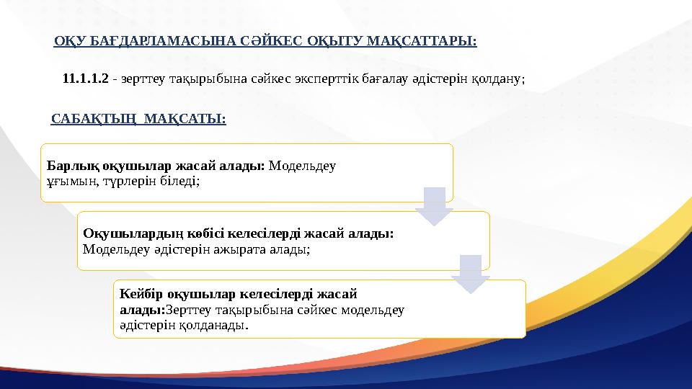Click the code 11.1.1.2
(x=86, y=78)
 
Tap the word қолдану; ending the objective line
(x=500, y=78)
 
